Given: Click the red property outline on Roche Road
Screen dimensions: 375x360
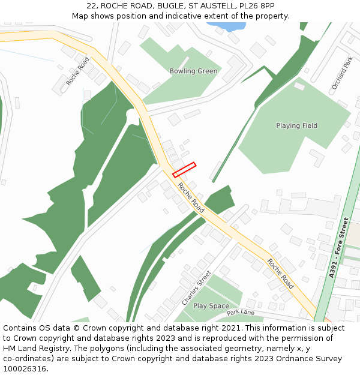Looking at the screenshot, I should point(184,170).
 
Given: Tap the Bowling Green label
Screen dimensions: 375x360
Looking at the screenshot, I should point(193,71).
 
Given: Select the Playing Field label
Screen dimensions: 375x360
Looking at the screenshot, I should point(296,125).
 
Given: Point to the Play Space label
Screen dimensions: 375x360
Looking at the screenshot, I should point(211,306).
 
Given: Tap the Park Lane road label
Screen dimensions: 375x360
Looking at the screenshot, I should point(241,313).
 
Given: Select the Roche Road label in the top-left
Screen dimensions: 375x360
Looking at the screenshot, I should point(77,71).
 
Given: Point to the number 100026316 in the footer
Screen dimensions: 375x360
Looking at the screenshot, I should point(25,368).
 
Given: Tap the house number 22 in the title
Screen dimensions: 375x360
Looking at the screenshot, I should point(91,5).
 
